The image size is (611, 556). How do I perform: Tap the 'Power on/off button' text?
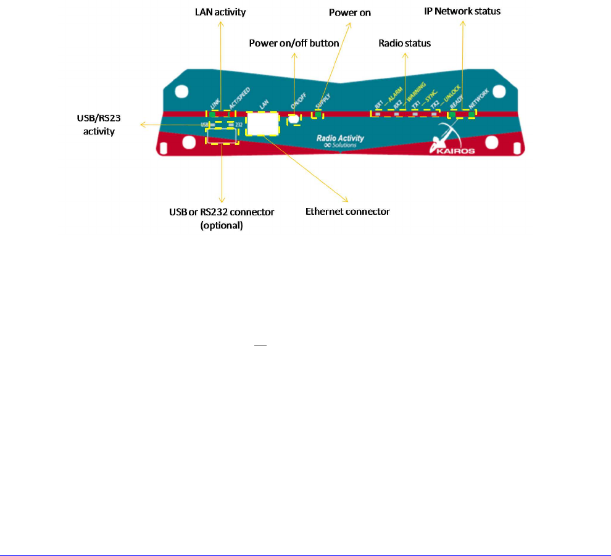294,43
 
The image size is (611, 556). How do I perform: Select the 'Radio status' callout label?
404,43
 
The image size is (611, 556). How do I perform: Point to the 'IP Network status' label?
462,12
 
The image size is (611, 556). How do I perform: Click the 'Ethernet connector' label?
347,211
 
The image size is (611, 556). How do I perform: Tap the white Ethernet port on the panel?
262,123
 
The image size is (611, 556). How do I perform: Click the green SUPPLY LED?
318,114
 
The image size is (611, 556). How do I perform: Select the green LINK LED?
214,114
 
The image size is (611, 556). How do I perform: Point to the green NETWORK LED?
472,114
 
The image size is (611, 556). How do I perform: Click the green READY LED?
453,114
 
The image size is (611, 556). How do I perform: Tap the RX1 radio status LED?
378,114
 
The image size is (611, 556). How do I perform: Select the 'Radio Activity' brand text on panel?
339,139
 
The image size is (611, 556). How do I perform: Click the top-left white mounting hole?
181,91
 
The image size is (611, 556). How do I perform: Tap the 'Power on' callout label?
350,12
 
